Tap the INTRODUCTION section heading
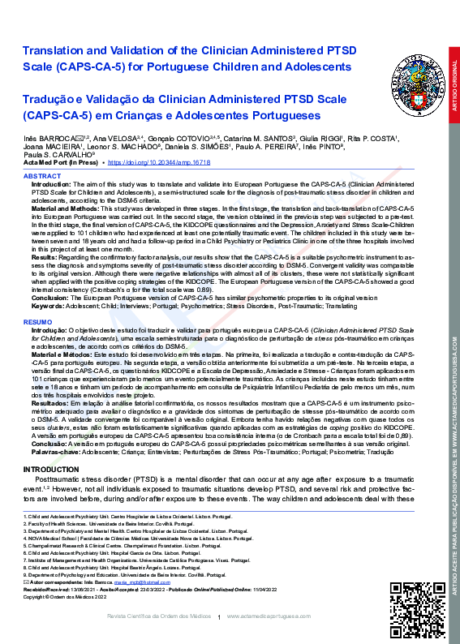52,470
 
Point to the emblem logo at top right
412,67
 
